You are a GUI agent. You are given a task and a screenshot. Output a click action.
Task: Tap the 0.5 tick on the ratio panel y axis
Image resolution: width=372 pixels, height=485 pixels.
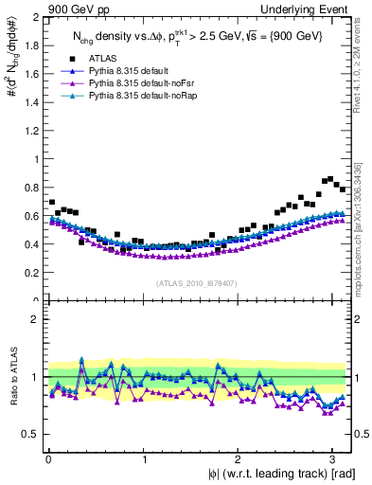point(30,434)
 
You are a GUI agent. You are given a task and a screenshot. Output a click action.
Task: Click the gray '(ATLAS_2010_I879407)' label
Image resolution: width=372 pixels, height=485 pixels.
point(198,282)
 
